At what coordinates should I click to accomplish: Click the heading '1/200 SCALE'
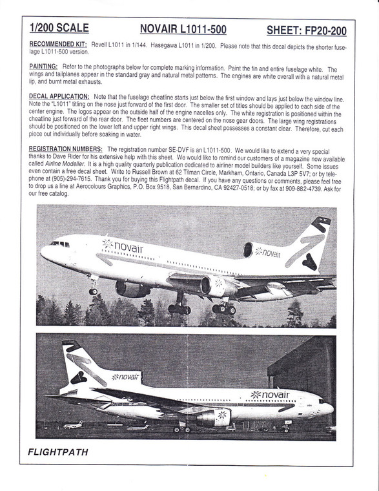tap(59, 29)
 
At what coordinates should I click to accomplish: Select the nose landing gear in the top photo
tap(94, 289)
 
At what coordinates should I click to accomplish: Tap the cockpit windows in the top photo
tap(60, 244)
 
